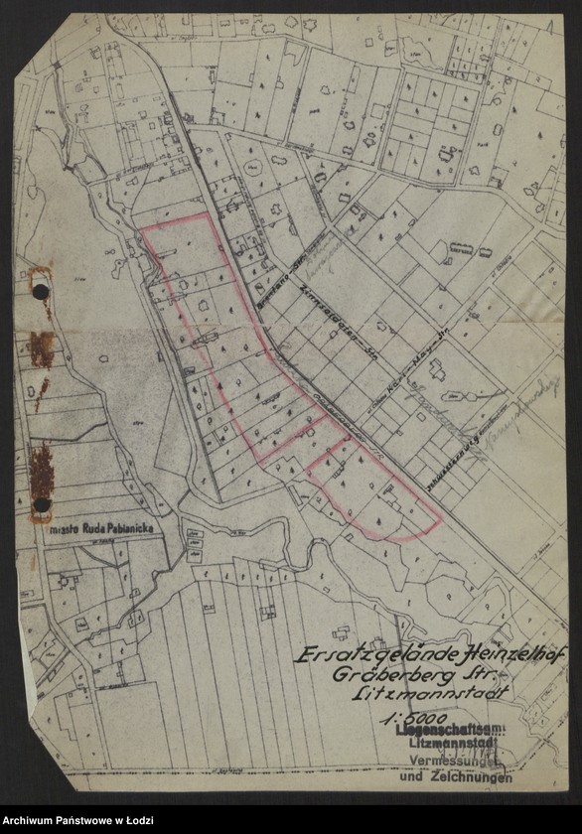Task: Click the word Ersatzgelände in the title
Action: tap(349, 657)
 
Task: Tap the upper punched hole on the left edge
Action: tap(41, 291)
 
